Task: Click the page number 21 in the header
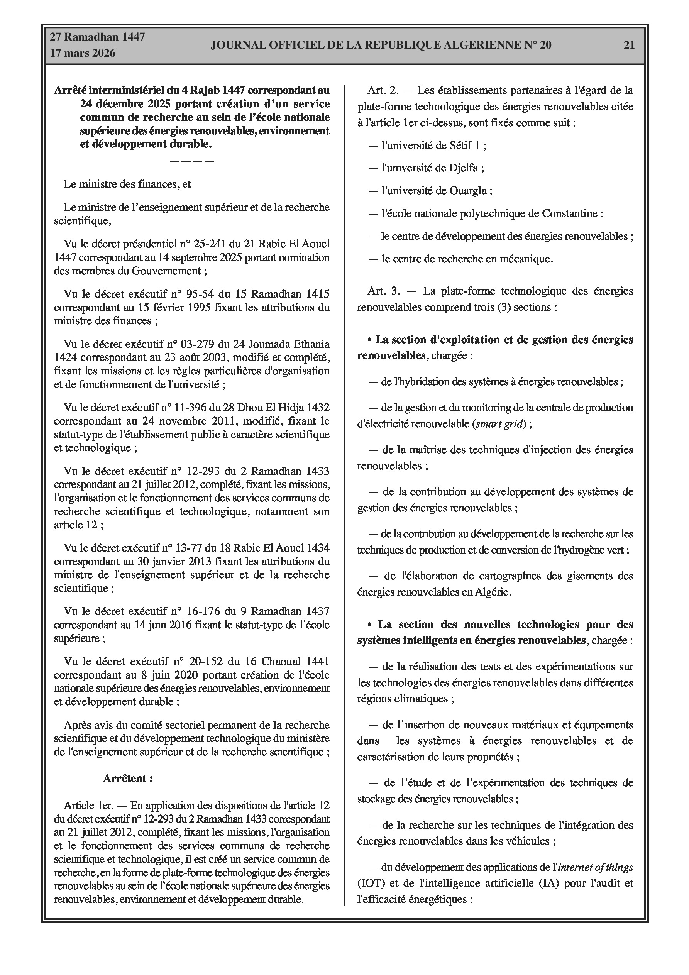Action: [x=629, y=45]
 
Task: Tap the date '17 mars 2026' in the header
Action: [x=83, y=53]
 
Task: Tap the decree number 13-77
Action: [x=193, y=548]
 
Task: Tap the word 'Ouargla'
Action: [x=468, y=191]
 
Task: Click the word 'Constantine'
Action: [x=570, y=213]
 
